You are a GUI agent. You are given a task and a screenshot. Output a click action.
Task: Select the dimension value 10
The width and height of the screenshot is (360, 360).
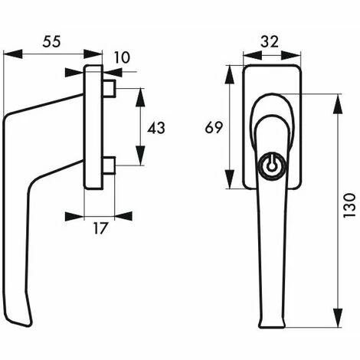coord(122,58)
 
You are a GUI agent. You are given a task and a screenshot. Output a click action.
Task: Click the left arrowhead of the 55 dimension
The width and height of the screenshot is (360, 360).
coord(8,54)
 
